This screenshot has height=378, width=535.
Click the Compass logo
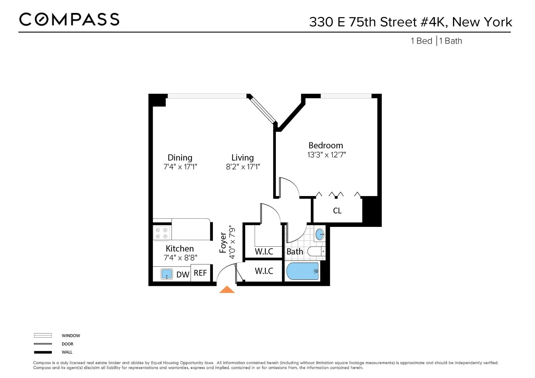point(69,20)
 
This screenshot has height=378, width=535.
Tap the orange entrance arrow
point(227,290)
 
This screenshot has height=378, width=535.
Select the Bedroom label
point(325,145)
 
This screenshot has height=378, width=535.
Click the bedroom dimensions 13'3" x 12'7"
point(326,155)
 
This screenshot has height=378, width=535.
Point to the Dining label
point(180,158)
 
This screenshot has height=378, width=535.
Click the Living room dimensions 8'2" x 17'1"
point(243,167)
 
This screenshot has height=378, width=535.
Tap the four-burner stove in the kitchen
point(161,233)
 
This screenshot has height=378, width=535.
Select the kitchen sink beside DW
point(167,274)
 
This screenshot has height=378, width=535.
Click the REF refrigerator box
point(200,273)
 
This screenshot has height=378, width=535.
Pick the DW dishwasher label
point(183,275)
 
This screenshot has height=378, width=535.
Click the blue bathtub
point(303,271)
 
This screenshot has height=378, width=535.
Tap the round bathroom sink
point(320,234)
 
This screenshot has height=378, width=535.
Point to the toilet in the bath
point(316,252)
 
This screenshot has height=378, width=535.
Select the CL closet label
point(337,211)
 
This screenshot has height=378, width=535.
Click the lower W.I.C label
point(264,271)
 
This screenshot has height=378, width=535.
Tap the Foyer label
point(223,243)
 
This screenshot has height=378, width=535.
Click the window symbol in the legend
point(43,335)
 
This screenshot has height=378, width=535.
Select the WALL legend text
point(67,352)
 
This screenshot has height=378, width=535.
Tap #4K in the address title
point(434,22)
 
